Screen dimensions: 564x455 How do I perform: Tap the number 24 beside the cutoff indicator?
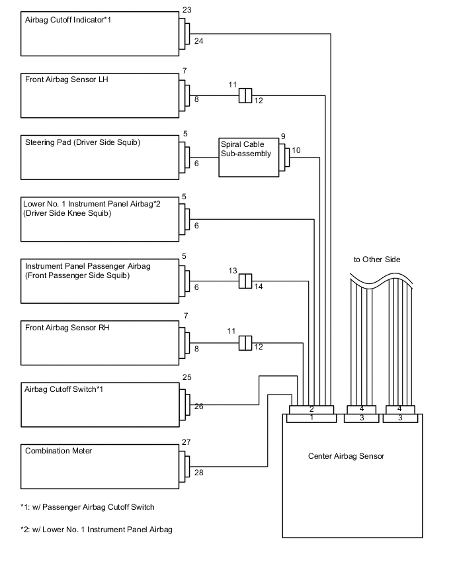[x=198, y=41]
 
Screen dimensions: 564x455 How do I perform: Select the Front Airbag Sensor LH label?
[x=66, y=80]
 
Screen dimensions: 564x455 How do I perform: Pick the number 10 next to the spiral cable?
[x=296, y=150]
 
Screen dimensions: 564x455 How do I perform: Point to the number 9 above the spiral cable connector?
[x=282, y=136]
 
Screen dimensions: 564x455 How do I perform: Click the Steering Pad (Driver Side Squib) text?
[x=83, y=142]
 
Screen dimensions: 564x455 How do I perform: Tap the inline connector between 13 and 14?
[x=245, y=281]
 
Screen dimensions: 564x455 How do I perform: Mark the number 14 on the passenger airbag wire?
[x=259, y=287]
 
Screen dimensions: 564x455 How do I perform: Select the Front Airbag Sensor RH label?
[x=67, y=327]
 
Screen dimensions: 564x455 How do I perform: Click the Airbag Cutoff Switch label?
[x=63, y=389]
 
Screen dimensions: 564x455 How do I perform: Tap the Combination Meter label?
[x=58, y=451]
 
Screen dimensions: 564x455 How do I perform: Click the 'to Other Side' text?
[x=377, y=259]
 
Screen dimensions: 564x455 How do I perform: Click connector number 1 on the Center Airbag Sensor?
[x=311, y=418]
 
